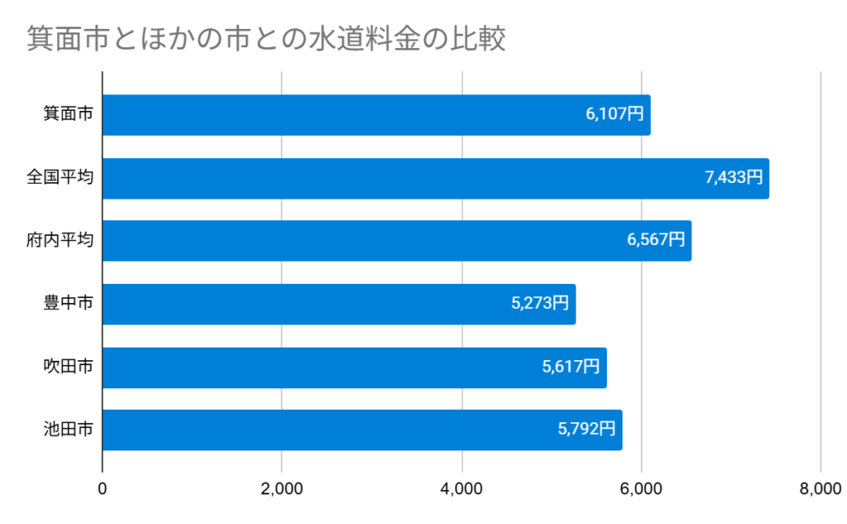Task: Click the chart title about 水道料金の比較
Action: [266, 39]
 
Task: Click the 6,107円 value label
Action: [615, 115]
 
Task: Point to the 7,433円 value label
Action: [734, 178]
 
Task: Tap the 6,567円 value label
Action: [656, 241]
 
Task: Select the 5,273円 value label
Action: [540, 304]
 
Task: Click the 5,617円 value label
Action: [571, 367]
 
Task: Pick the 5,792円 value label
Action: [586, 430]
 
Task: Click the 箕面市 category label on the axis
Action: [68, 115]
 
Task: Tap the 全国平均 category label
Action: [60, 178]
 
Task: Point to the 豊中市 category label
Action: [68, 304]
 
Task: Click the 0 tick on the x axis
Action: [103, 489]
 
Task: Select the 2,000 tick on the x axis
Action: [282, 489]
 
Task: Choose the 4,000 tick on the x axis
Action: [462, 489]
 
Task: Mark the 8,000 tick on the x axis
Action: [821, 489]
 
